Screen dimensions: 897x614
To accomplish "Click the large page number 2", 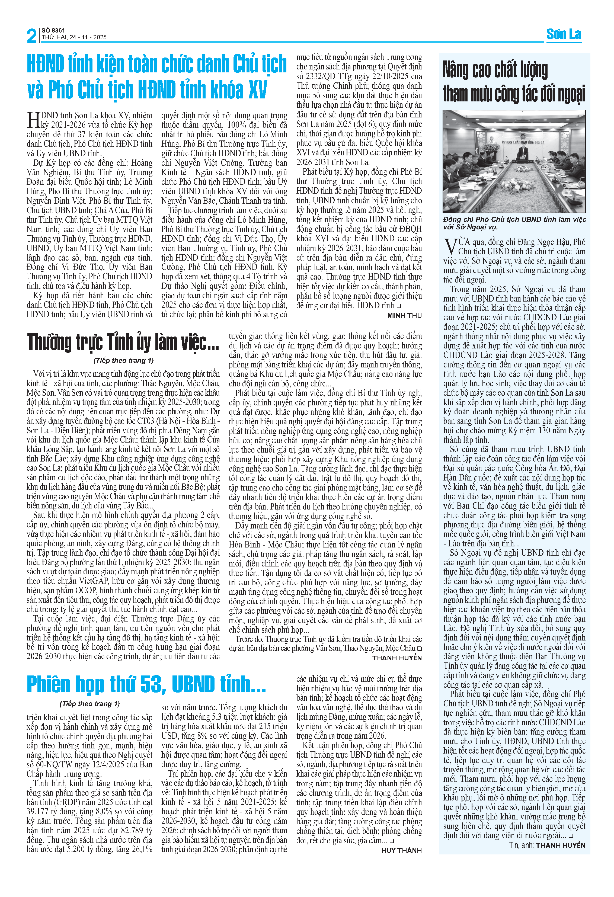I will pyautogui.click(x=32, y=36).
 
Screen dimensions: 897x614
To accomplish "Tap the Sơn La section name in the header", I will pyautogui.click(x=564, y=34).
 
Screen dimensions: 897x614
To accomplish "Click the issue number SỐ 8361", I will pyautogui.click(x=53, y=30).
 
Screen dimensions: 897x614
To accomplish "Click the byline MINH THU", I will pyautogui.click(x=404, y=315).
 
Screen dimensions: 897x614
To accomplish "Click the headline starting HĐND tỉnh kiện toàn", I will pyautogui.click(x=156, y=76).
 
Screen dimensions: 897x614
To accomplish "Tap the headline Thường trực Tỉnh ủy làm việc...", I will pyautogui.click(x=123, y=342).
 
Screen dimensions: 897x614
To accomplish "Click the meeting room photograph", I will pyautogui.click(x=514, y=161).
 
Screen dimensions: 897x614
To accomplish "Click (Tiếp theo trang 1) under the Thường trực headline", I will pyautogui.click(x=123, y=360).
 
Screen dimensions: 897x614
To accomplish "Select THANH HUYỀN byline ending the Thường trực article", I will pyautogui.click(x=397, y=658).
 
